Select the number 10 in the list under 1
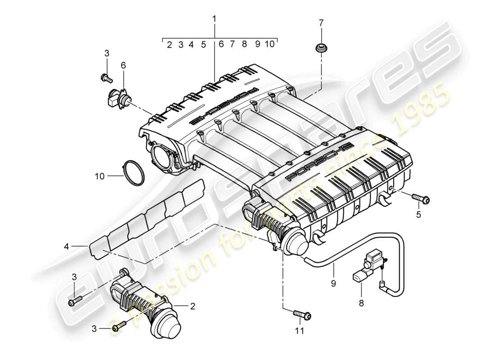[x=269, y=44]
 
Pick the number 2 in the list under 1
[x=169, y=45]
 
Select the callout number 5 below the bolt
[x=418, y=215]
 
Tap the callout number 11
[x=299, y=331]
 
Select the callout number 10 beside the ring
[x=99, y=176]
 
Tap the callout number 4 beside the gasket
[x=66, y=246]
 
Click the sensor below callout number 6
[x=118, y=98]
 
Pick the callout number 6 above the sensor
[x=123, y=66]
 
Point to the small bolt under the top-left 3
[x=107, y=78]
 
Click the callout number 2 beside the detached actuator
[x=192, y=306]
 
